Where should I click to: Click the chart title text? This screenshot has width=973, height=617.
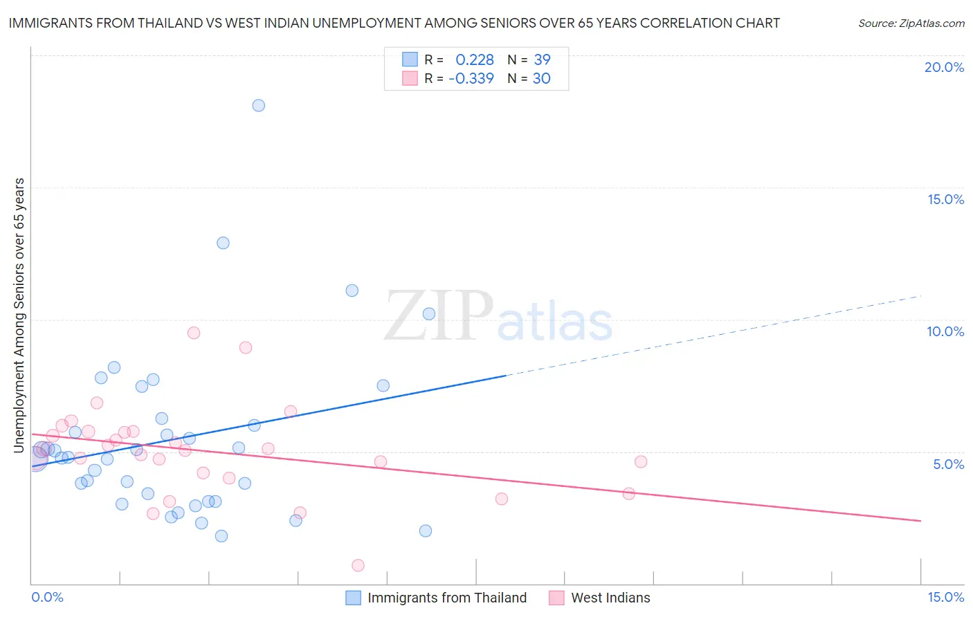[394, 23]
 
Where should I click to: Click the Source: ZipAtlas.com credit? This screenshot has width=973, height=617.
[911, 23]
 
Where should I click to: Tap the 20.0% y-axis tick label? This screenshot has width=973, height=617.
[944, 67]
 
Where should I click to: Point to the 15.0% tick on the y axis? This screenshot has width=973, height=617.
[945, 199]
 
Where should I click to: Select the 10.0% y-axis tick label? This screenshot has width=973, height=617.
[945, 331]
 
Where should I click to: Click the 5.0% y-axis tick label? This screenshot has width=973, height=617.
[948, 464]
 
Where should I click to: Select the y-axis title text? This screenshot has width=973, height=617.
[19, 315]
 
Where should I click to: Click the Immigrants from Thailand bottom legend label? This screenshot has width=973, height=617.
[447, 598]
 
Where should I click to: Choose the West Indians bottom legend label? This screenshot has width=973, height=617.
[610, 598]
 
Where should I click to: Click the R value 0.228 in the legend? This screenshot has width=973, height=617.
[475, 60]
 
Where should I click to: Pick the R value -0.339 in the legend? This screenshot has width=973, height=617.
[471, 78]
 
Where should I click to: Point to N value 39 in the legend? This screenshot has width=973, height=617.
[542, 60]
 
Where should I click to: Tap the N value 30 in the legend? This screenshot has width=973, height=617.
[541, 78]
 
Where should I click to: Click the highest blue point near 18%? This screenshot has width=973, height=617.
[258, 105]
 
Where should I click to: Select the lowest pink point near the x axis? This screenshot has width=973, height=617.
[358, 565]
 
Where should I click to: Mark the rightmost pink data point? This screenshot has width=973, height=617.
[641, 461]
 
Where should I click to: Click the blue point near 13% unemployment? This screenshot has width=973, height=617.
[223, 243]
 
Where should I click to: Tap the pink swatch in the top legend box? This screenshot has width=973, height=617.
[410, 78]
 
